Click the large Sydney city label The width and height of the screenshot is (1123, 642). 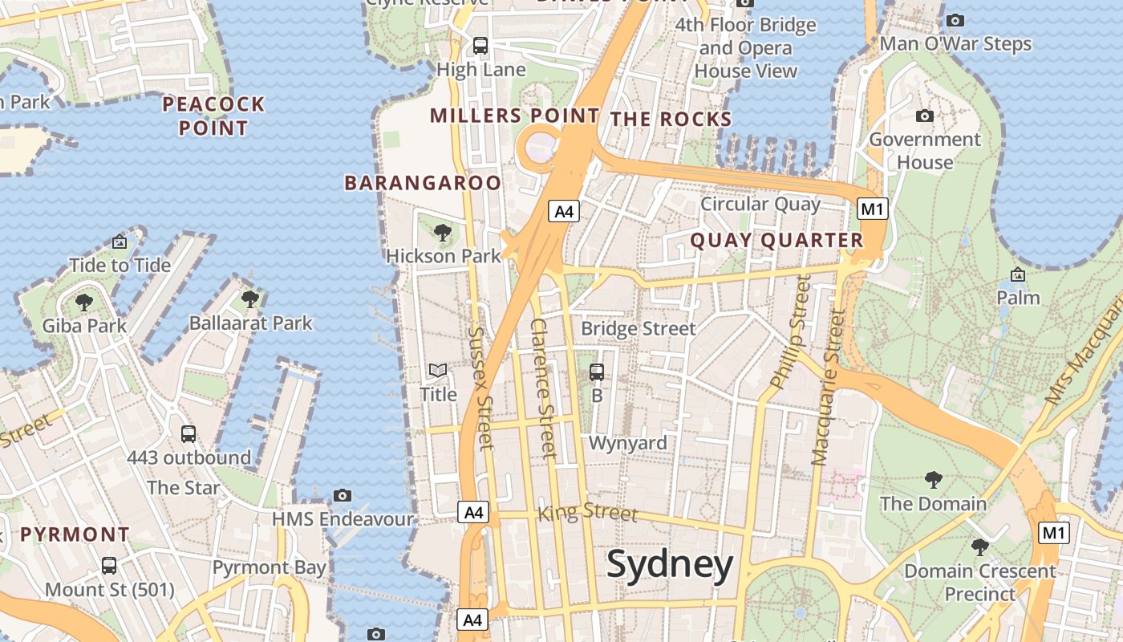pos(670,565)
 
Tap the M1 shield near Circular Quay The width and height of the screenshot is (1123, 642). pos(873,209)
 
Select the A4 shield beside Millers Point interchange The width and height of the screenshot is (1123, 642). pos(565,211)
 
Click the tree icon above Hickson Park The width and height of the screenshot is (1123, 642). pos(442,233)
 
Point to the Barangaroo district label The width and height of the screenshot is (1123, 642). pos(423,183)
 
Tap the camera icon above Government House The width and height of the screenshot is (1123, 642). pos(925,116)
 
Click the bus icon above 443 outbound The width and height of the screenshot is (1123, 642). pos(189,434)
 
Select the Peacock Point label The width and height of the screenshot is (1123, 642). pos(213,116)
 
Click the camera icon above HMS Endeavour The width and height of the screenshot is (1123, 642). pos(343,495)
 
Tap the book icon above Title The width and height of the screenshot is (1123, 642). pos(438,370)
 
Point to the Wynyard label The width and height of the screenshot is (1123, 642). pos(628,443)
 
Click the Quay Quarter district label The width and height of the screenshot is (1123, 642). pos(776,240)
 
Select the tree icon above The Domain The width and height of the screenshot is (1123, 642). pos(933,480)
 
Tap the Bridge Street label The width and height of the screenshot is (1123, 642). pos(639,328)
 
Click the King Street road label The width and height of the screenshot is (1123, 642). pos(587,511)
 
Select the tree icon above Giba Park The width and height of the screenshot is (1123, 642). pos(83,302)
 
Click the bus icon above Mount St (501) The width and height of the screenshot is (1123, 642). pos(109,565)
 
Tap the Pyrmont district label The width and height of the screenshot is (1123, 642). pos(75,534)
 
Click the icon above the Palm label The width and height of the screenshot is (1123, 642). pos(1018,274)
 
